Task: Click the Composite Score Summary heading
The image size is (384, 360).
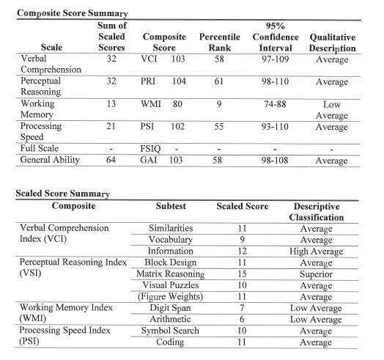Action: (72, 13)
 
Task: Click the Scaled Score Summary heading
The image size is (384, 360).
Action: (62, 194)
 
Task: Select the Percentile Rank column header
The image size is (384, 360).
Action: (218, 42)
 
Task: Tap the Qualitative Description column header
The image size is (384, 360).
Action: (332, 42)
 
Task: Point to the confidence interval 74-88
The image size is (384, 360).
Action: (275, 103)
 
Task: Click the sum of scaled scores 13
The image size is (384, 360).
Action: (113, 103)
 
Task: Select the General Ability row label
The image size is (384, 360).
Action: (49, 160)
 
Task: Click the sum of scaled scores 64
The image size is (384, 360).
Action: (113, 160)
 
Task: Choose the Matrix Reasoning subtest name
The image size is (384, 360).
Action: (170, 273)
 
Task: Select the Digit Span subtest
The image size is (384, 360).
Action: (170, 309)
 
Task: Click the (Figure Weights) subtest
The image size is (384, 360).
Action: (170, 297)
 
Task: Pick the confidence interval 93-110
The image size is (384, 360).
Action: (275, 125)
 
